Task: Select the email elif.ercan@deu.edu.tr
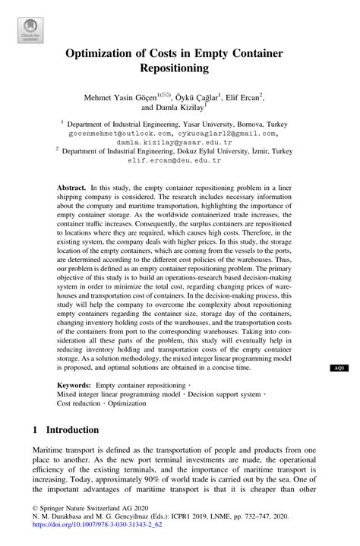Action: click(x=179, y=161)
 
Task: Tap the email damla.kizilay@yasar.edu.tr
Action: click(x=179, y=141)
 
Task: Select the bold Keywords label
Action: click(x=74, y=385)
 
